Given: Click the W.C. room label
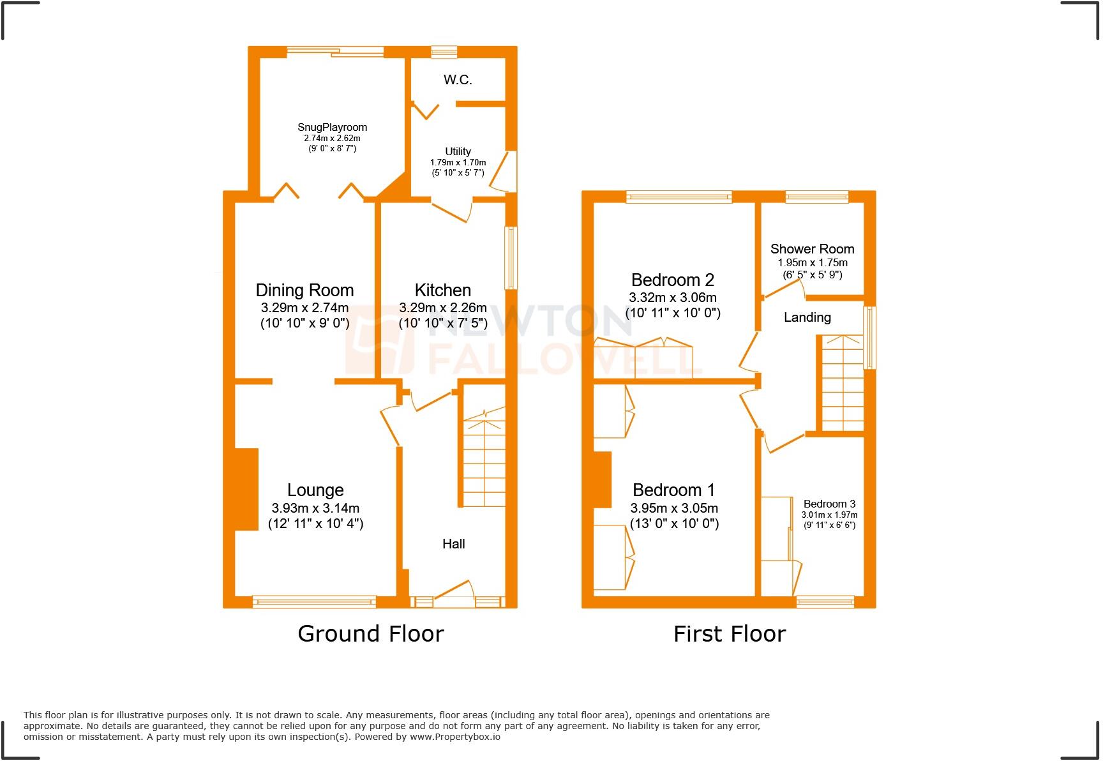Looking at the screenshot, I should pyautogui.click(x=458, y=80).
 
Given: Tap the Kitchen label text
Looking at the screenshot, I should pyautogui.click(x=443, y=290).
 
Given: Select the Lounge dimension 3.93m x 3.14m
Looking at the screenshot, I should pyautogui.click(x=315, y=509).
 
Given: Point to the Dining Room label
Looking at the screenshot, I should pyautogui.click(x=304, y=290).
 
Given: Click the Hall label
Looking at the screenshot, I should pyautogui.click(x=453, y=544).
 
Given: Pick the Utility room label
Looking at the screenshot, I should pyautogui.click(x=458, y=151).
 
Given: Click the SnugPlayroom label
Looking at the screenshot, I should pyautogui.click(x=332, y=127).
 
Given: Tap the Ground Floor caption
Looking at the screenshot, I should pyautogui.click(x=370, y=634).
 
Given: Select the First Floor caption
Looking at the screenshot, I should pyautogui.click(x=730, y=634).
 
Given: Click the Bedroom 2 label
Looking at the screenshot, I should pyautogui.click(x=672, y=280).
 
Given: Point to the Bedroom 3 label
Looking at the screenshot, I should pyautogui.click(x=829, y=504).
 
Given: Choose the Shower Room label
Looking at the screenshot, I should pyautogui.click(x=812, y=249).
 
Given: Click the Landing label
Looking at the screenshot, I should pyautogui.click(x=807, y=317).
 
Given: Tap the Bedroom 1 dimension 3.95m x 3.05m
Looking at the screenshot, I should pyautogui.click(x=674, y=509).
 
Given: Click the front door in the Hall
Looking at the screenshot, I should pyautogui.click(x=454, y=594).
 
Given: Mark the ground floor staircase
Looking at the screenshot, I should pyautogui.click(x=484, y=460).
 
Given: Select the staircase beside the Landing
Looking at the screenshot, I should pyautogui.click(x=843, y=383).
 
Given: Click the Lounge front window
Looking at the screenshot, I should pyautogui.click(x=314, y=601).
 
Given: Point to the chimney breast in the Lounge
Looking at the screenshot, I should pyautogui.click(x=246, y=489).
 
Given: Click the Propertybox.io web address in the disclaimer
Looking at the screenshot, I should pyautogui.click(x=454, y=737).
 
